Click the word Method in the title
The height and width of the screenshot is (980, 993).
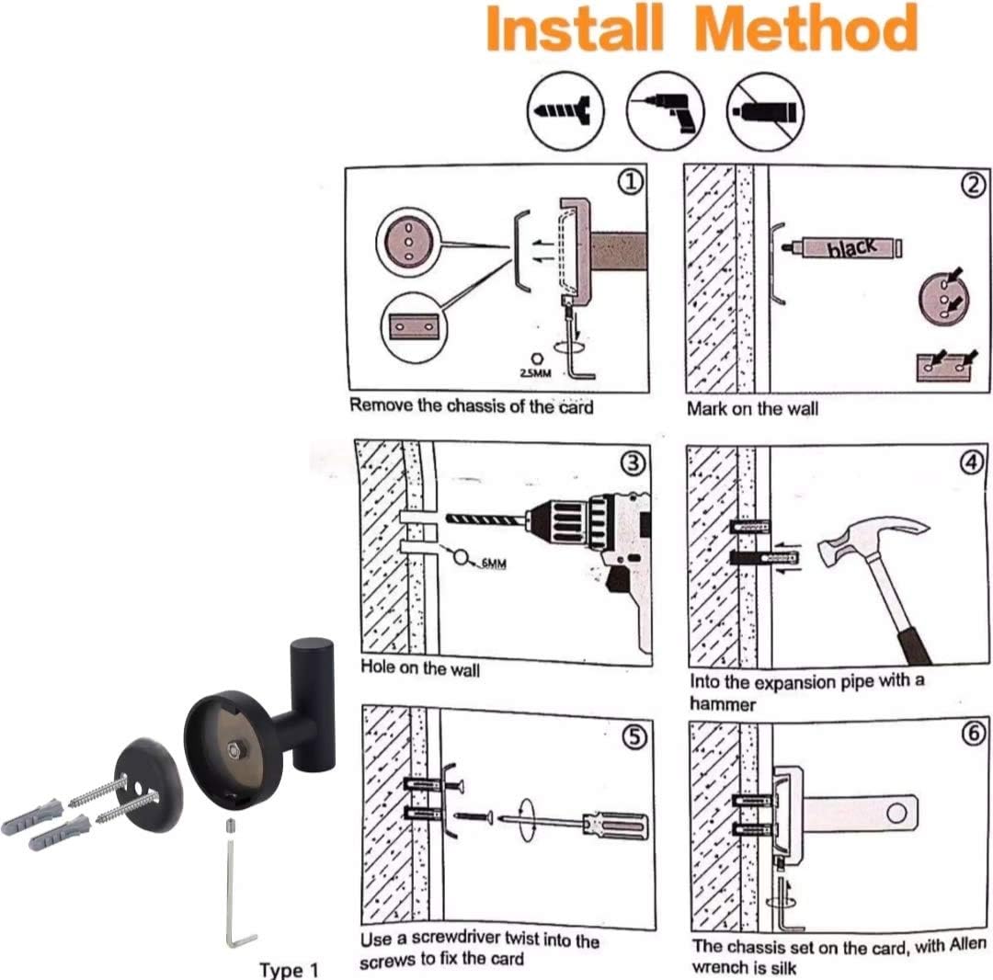click(x=806, y=29)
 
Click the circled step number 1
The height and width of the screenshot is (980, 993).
click(x=629, y=184)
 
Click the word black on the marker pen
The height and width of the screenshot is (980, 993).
click(x=849, y=246)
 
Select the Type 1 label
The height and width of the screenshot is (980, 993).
click(x=289, y=969)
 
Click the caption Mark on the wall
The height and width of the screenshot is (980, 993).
click(x=752, y=408)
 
